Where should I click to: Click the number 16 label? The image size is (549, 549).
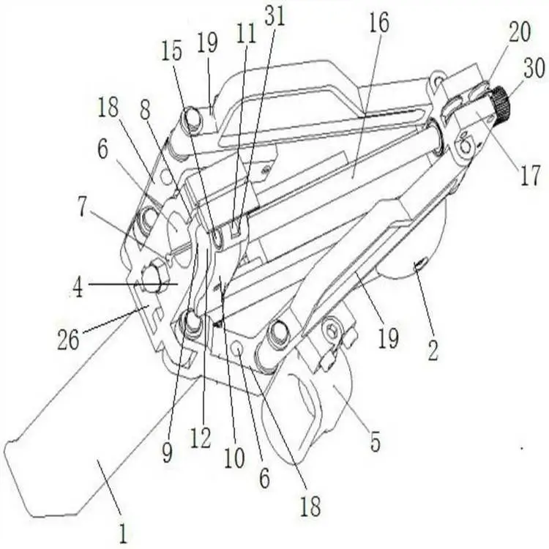coord(379,23)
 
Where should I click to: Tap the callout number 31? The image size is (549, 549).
coord(274,16)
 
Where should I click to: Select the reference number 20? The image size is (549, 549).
coord(520,32)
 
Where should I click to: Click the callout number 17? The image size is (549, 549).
coord(530,176)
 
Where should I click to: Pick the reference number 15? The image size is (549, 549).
coord(171,51)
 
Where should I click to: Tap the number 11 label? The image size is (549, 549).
coord(246,34)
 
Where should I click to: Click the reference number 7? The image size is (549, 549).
coord(82,208)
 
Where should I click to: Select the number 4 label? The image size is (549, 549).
coord(78,288)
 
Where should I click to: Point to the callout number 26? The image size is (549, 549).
coord(68,339)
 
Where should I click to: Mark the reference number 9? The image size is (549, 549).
coord(167,453)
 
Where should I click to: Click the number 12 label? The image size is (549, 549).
coord(201,438)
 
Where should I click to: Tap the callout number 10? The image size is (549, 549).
coord(234,458)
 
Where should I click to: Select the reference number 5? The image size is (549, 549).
coord(375,442)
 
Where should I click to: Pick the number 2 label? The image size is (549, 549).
coord(433,351)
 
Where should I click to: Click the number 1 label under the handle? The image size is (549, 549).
coord(122,534)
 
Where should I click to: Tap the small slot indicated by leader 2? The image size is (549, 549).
coord(419,264)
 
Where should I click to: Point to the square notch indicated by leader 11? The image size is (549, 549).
coord(236,229)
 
